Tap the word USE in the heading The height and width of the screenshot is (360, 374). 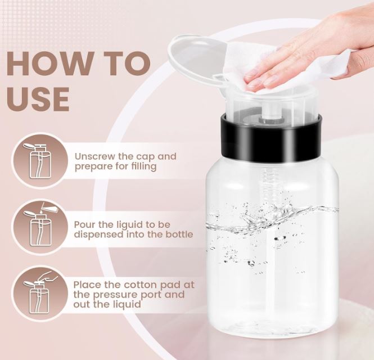coord(38,99)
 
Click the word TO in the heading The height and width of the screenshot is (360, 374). coord(124,64)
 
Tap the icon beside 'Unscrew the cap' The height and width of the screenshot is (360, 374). coord(39,161)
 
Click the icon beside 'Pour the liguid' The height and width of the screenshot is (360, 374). coord(39,227)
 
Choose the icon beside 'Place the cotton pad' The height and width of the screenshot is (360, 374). coord(39,293)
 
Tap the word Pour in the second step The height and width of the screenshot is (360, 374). coord(84,224)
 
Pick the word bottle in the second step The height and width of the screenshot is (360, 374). coord(178,234)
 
